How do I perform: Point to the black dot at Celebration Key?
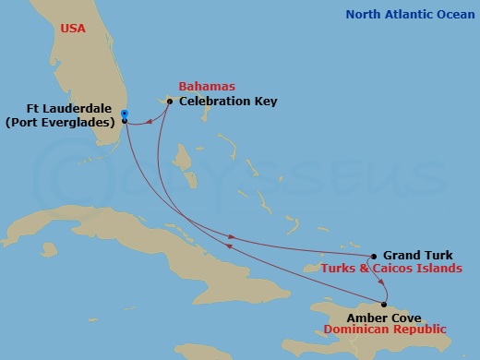point(170,102)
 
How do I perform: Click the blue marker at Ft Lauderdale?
point(124,114)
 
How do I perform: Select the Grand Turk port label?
point(417,256)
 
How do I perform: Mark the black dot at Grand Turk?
point(373,257)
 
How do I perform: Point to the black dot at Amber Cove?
point(384,305)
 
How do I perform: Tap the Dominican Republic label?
point(384,330)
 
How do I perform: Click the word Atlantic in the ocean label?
point(411,14)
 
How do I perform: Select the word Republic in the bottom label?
point(416,330)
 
